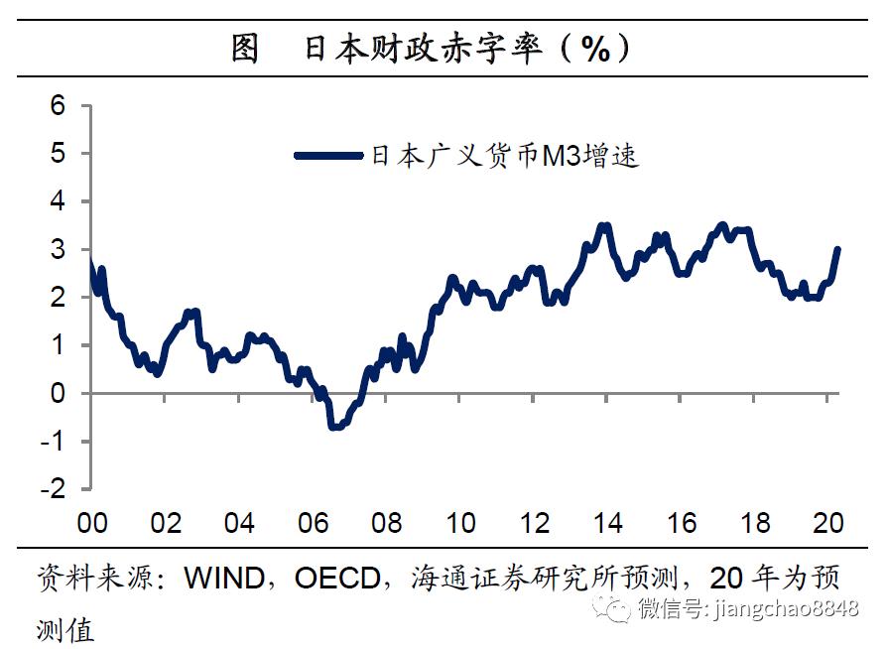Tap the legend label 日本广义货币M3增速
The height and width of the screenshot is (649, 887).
coord(504,155)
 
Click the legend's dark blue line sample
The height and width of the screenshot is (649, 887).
coord(329,155)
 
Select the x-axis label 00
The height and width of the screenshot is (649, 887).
coord(91,523)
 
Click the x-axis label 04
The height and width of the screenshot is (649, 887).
coord(239,523)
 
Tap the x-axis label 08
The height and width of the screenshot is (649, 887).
coord(387,523)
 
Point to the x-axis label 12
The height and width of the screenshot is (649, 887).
coord(535,523)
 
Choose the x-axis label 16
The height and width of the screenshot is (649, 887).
coord(682,523)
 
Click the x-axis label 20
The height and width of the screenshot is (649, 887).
coord(828,523)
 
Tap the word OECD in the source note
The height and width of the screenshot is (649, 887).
coord(338,579)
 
